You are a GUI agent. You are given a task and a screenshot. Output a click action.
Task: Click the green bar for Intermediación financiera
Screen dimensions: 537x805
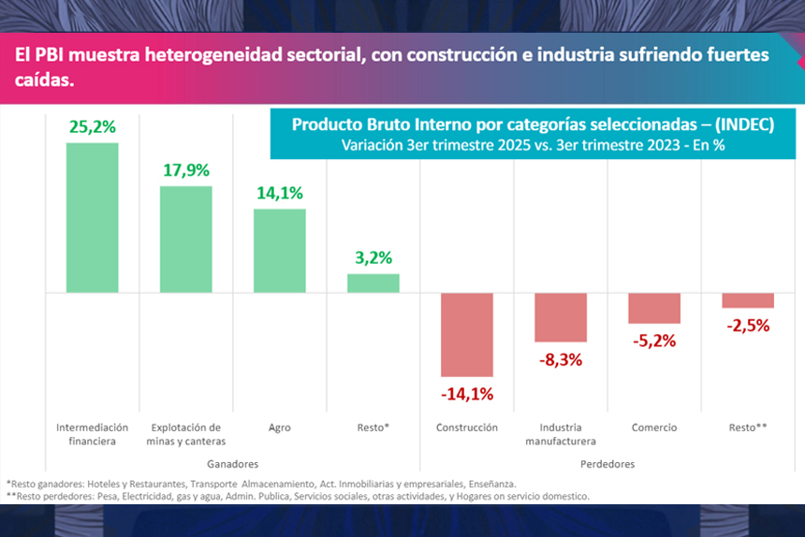click(92, 217)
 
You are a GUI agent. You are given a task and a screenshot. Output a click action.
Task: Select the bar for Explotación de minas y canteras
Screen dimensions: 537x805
click(185, 239)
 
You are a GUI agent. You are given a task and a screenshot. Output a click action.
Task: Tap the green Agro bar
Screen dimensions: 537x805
click(279, 250)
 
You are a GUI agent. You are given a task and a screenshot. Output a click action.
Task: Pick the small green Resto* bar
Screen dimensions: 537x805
click(373, 283)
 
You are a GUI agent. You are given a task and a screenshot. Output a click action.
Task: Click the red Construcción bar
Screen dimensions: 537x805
click(466, 334)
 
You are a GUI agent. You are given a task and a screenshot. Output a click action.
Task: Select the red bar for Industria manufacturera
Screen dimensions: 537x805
click(560, 317)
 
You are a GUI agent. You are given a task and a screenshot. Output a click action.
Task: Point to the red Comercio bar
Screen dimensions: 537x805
click(653, 308)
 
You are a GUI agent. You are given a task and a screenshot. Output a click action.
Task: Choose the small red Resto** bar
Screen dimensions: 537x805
click(747, 300)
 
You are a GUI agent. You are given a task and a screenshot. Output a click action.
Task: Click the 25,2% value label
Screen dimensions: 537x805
click(92, 126)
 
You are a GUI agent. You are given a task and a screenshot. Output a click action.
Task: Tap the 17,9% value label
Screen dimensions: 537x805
click(185, 170)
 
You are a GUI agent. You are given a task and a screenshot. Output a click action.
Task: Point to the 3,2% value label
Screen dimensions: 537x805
click(373, 257)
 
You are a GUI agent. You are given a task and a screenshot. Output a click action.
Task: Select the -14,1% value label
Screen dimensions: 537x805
click(466, 394)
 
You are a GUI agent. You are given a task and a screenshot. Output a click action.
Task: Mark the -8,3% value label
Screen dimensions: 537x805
click(560, 358)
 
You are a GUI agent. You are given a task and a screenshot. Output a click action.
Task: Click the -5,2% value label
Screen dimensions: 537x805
click(653, 341)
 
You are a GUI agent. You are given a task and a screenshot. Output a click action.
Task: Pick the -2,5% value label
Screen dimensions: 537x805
click(747, 326)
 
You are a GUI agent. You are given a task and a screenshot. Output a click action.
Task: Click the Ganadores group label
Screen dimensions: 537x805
click(231, 464)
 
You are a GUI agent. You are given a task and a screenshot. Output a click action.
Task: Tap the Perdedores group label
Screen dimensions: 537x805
click(607, 464)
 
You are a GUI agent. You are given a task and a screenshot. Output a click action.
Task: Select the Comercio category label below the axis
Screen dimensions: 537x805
click(653, 428)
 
